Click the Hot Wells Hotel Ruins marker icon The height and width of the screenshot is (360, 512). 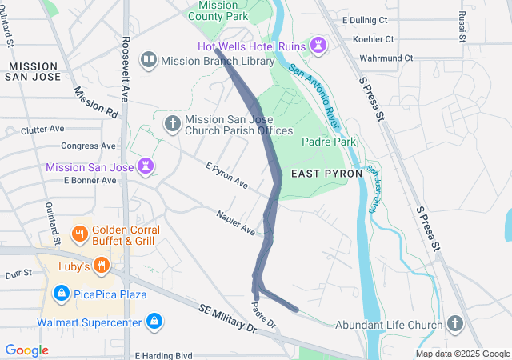pos(319,44)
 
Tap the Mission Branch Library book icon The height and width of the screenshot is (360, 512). pos(148,60)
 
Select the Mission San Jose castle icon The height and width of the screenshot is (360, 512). pos(146,166)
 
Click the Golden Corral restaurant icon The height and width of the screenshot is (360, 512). pos(79,234)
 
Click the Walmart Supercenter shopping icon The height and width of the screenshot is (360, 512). pos(154,322)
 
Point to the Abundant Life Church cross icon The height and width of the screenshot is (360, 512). pos(455,324)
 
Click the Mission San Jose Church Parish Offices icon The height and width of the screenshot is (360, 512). pos(171,124)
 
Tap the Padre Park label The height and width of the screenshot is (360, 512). pos(328,142)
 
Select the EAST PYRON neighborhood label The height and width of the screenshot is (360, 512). pos(326,173)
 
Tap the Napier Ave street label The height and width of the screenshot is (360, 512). pos(235,223)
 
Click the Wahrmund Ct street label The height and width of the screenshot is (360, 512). pos(386,58)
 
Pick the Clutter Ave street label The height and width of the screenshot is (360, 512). pos(42,129)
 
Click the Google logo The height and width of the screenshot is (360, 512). pos(26,350)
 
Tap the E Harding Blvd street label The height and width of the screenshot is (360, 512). pos(164,355)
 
